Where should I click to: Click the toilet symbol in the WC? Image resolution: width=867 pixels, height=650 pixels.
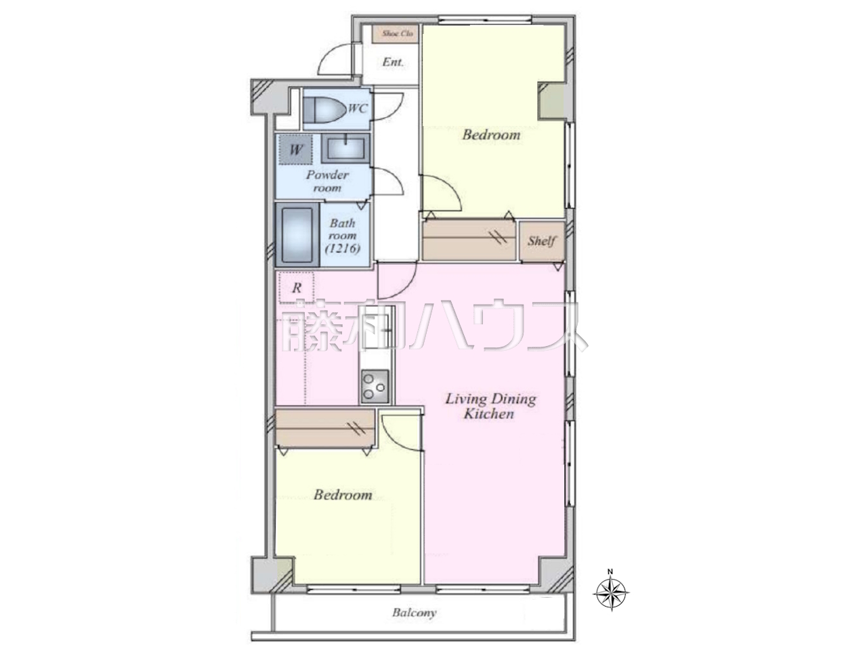(324, 109)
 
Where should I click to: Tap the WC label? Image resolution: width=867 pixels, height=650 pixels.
(358, 108)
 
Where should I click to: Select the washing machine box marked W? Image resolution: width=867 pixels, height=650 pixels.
(295, 150)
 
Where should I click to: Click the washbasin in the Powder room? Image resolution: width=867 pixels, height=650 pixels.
(345, 148)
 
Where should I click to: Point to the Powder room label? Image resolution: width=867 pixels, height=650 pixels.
(327, 181)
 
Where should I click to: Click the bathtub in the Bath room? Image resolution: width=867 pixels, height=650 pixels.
(297, 235)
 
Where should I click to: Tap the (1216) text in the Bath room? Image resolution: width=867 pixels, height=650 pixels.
(343, 248)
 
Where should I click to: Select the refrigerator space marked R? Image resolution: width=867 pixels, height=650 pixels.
(296, 287)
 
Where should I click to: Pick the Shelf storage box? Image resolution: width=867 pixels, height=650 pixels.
(541, 241)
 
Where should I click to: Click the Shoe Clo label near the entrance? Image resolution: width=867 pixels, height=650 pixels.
(397, 34)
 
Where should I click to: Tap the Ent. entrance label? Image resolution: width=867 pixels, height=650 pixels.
(393, 62)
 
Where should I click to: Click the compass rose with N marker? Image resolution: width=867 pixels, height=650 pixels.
(611, 592)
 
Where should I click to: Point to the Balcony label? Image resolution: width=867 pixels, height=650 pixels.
(414, 613)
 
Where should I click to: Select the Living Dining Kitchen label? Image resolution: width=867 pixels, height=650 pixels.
(490, 406)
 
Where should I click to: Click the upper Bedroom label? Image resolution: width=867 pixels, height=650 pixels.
(491, 135)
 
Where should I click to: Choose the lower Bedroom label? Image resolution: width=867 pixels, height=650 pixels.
(343, 495)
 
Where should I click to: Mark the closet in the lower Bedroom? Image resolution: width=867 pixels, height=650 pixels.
(324, 429)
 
